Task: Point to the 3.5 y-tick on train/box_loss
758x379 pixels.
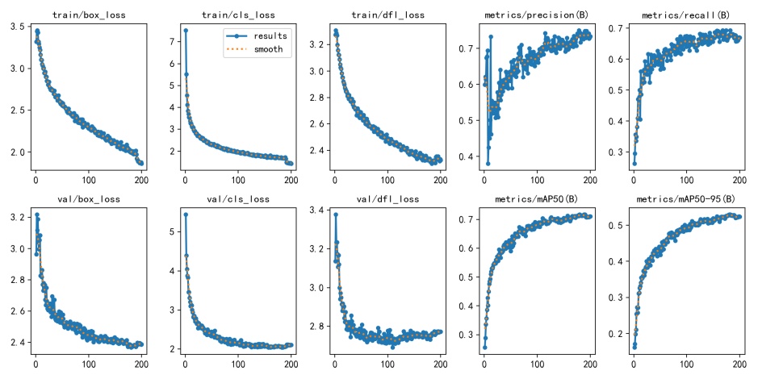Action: pos(15,27)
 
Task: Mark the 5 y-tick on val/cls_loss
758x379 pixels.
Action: pos(172,231)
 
